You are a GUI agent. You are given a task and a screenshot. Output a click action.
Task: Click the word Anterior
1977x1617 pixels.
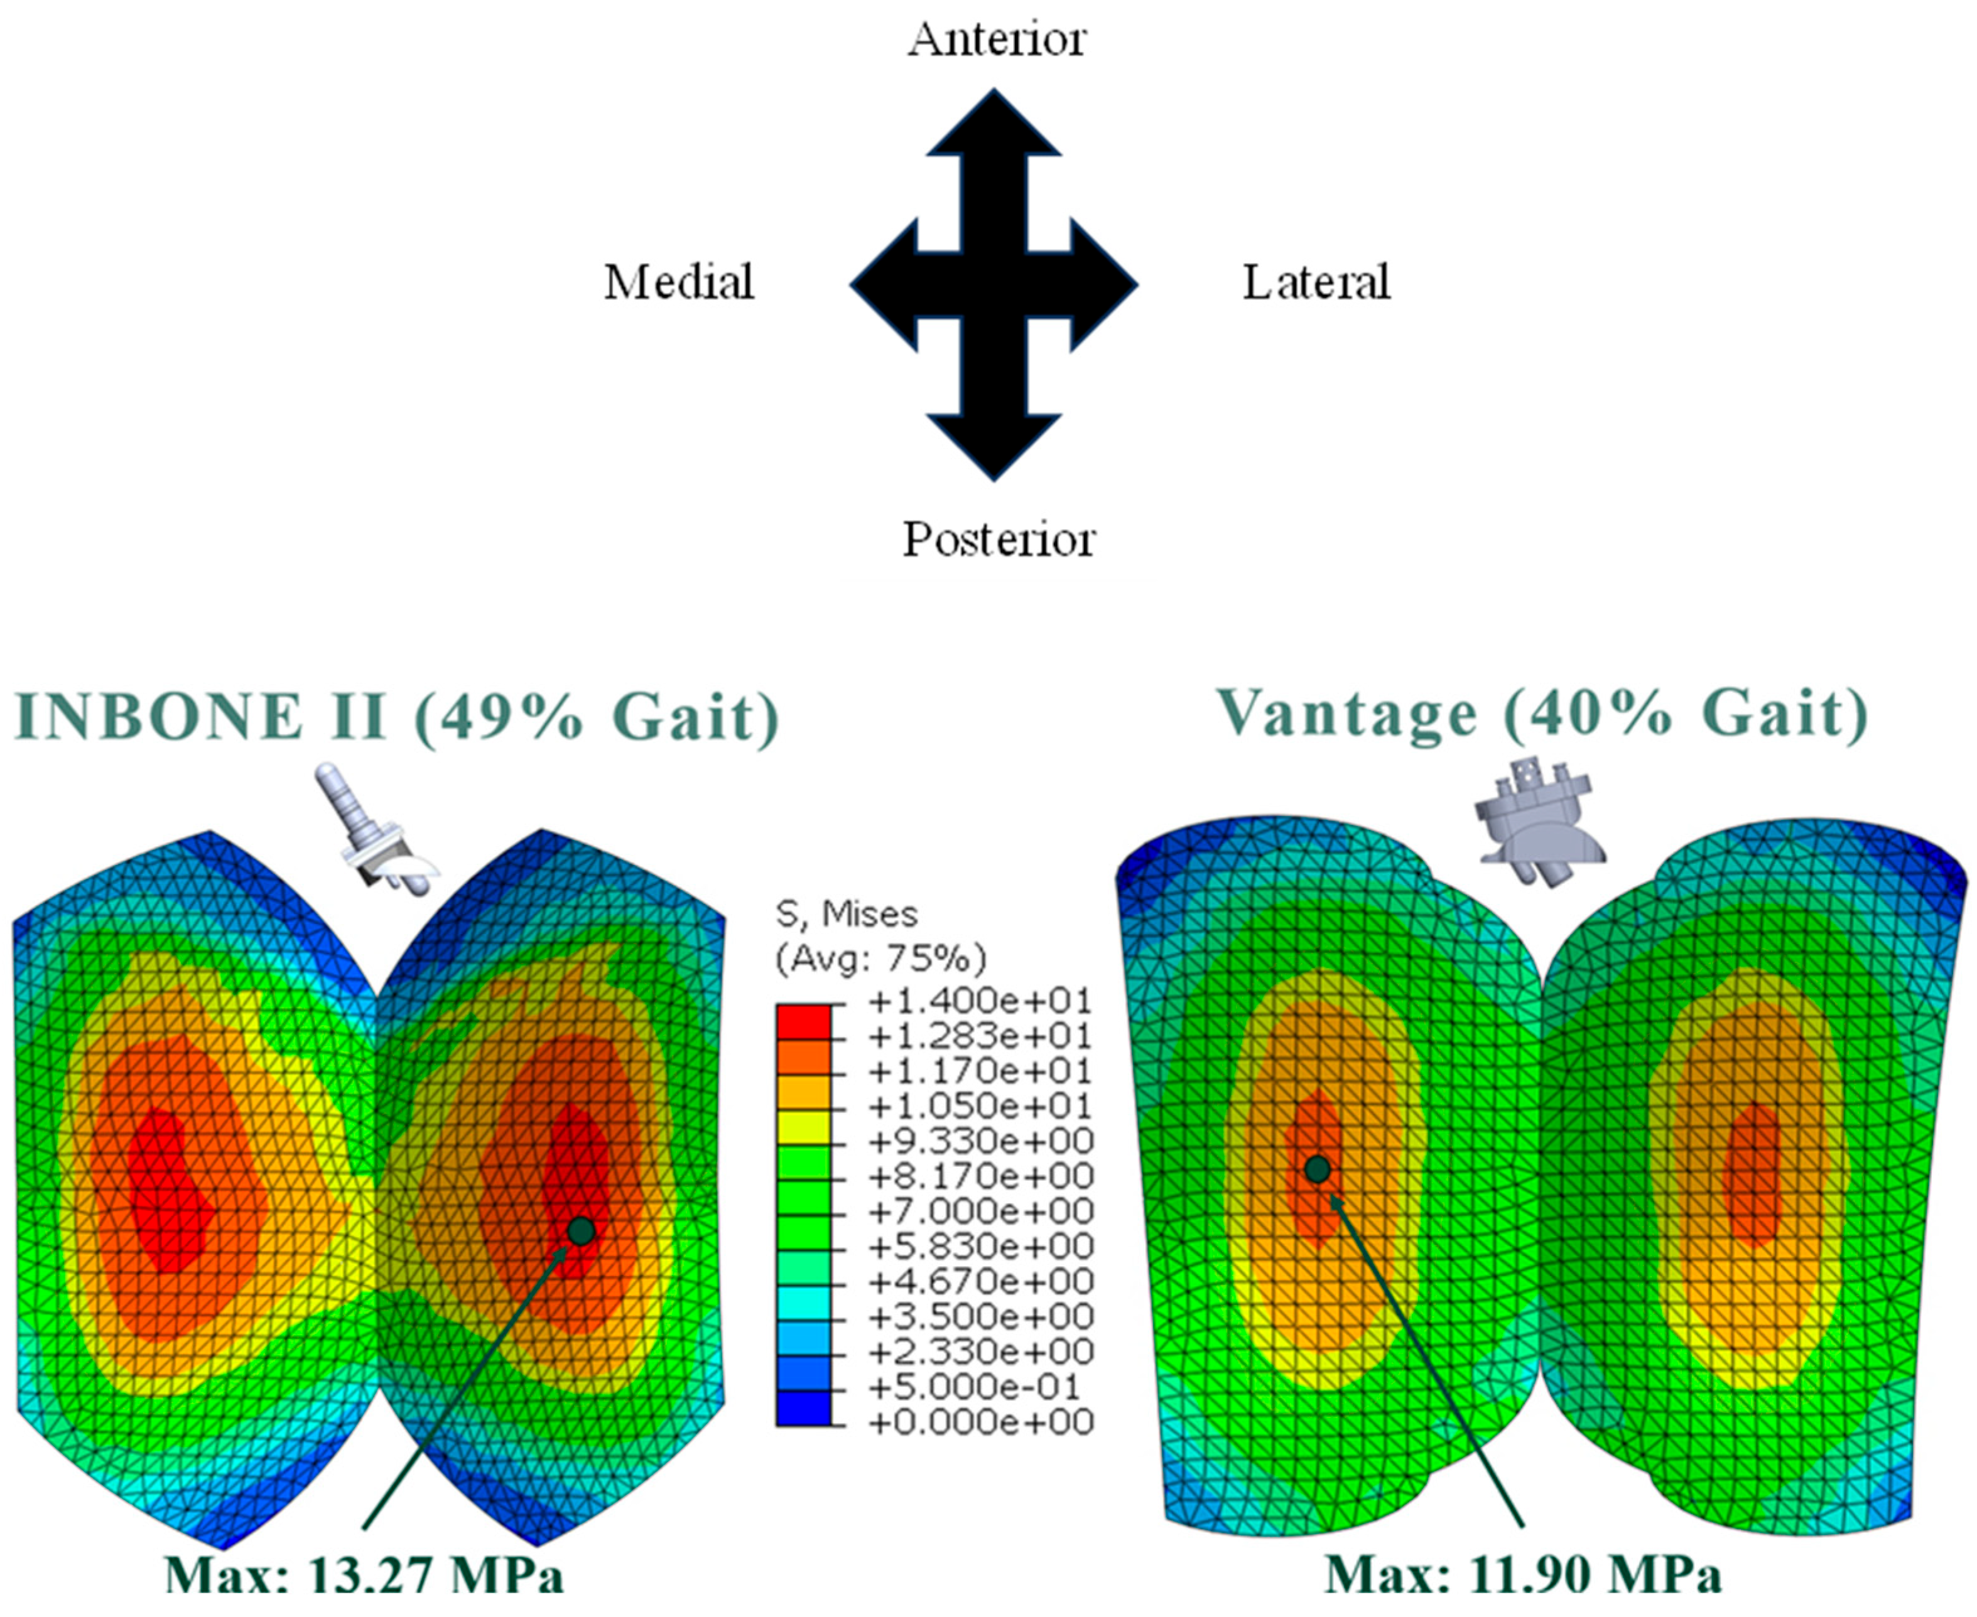coord(996,39)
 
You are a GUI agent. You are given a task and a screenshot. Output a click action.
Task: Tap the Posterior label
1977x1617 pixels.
coord(998,539)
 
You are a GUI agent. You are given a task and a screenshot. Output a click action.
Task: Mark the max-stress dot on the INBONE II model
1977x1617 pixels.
coord(580,1230)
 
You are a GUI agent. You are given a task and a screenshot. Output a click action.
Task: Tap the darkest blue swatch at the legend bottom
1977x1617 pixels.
coord(803,1407)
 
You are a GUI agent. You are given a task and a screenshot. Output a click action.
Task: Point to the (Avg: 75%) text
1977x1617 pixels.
coord(880,957)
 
